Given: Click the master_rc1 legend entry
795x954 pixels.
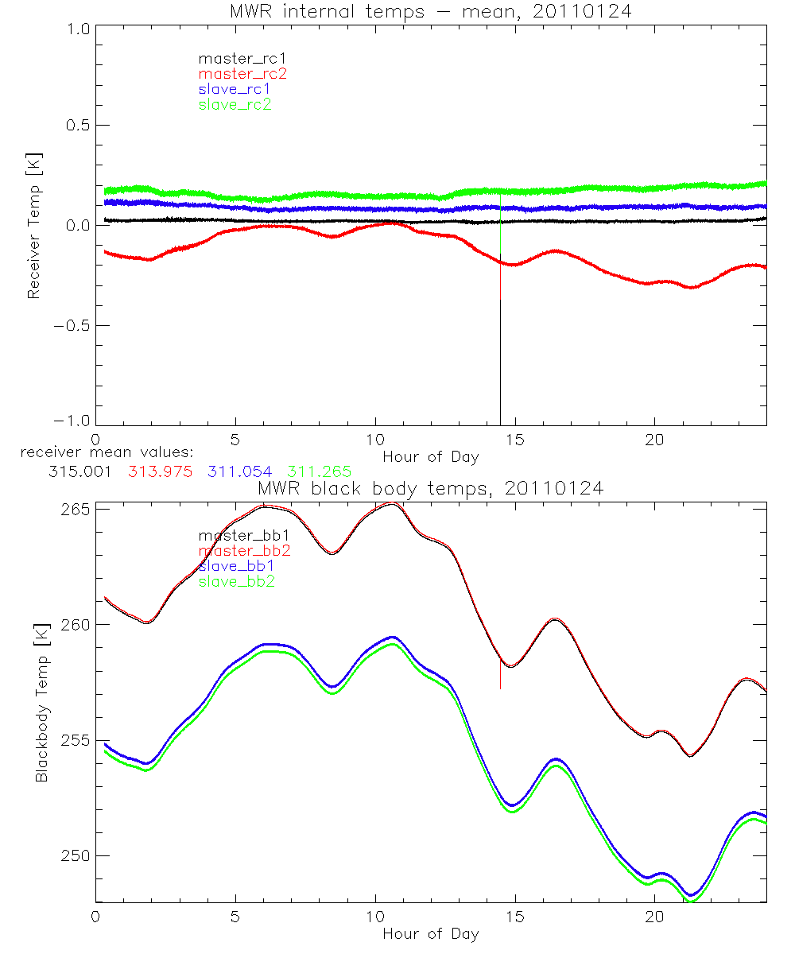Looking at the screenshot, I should (235, 58).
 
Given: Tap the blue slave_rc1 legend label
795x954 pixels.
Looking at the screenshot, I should (235, 89).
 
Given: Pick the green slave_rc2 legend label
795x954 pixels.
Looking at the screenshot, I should (235, 105).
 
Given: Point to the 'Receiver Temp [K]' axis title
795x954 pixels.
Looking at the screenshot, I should (33, 227).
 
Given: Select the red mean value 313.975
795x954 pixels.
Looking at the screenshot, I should (160, 471).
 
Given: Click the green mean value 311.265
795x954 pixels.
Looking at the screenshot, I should (319, 471).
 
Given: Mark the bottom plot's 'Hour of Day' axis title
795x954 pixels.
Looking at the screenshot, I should (430, 933).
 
